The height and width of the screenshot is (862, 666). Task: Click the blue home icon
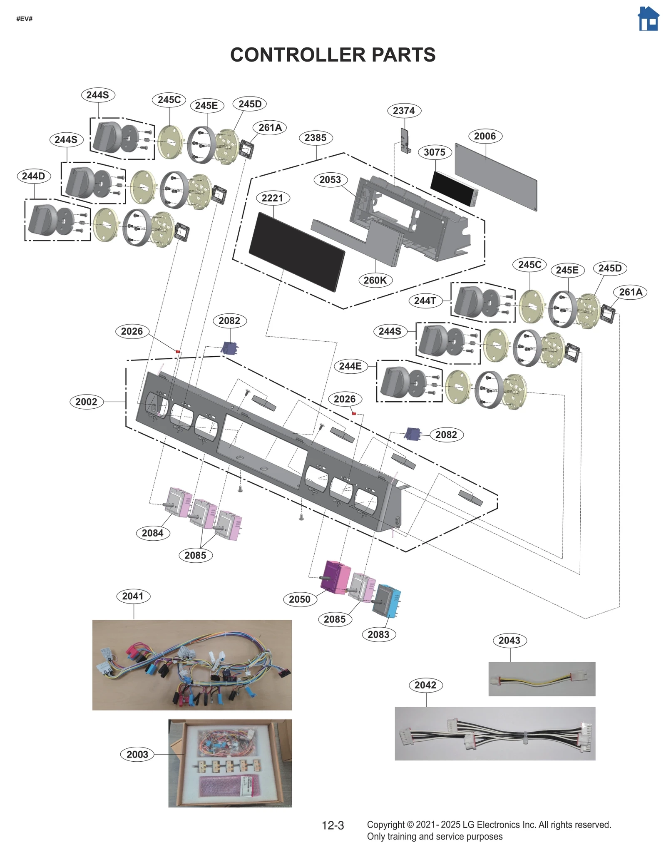[648, 19]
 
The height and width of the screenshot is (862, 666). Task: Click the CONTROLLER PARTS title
[333, 55]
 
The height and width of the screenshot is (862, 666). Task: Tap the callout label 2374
[403, 111]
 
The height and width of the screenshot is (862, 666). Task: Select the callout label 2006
[485, 136]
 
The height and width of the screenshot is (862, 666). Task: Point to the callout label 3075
[434, 152]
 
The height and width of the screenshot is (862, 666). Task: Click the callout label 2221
[272, 198]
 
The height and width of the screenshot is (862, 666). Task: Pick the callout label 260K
[375, 280]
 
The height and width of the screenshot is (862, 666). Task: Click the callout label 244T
[425, 301]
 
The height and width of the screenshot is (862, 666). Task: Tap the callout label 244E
[350, 366]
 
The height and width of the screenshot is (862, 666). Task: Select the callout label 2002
[86, 402]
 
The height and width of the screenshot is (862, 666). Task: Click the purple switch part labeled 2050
[335, 576]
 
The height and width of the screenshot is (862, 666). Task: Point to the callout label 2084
[152, 533]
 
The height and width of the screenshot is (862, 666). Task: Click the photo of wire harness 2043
[541, 679]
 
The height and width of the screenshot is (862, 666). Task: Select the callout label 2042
[425, 685]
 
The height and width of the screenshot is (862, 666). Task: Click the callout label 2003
[137, 754]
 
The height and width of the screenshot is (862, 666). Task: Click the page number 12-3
[333, 825]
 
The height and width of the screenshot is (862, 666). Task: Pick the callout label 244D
[33, 176]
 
